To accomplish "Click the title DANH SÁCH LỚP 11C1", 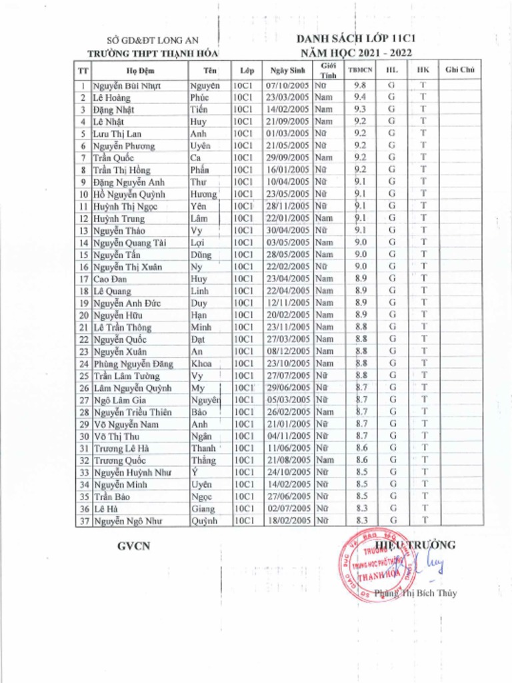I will [x=361, y=39].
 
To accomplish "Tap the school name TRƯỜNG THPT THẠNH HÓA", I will [x=153, y=53].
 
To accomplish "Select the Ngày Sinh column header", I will [x=287, y=70].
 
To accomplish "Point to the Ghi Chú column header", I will [x=459, y=70].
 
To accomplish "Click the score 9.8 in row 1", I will [x=360, y=85].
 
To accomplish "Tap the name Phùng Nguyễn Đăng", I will [x=133, y=364].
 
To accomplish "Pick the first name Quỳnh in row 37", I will [x=204, y=521].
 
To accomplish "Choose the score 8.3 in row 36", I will [x=362, y=509].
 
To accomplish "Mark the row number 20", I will [x=84, y=315].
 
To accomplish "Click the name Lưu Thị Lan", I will [x=117, y=133].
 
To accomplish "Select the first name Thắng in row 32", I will [x=203, y=460].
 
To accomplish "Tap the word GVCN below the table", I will [x=133, y=546].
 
